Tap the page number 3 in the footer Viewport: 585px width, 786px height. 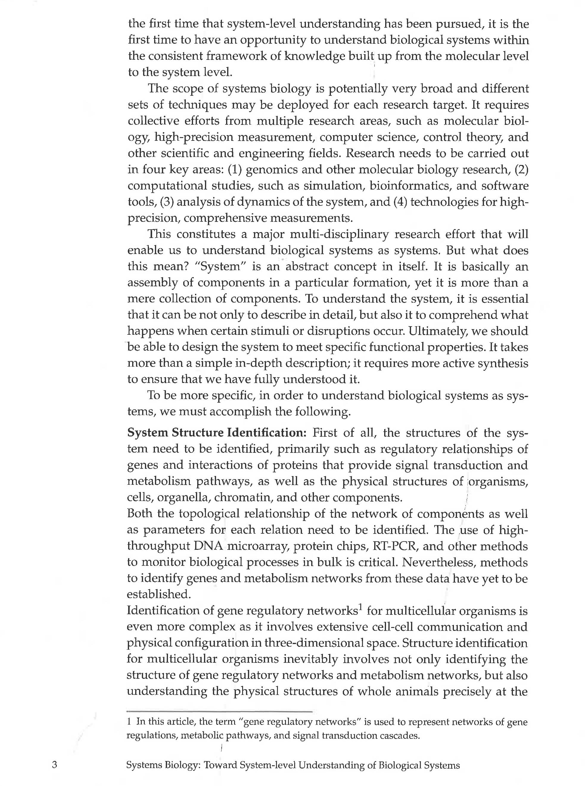pyautogui.click(x=55, y=765)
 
